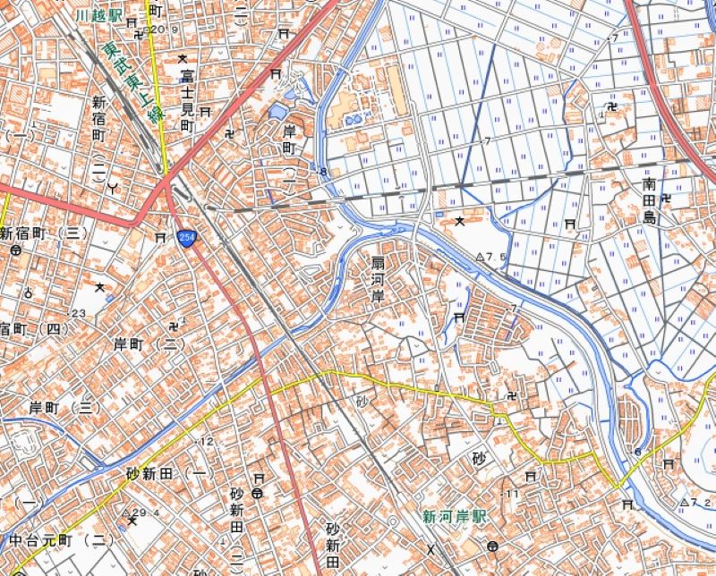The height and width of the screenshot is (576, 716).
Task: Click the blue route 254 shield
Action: click(x=187, y=238)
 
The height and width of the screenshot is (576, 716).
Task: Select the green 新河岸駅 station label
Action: click(x=455, y=517)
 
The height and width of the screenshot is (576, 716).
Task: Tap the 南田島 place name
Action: click(x=650, y=201)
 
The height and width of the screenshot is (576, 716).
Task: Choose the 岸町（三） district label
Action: click(x=63, y=407)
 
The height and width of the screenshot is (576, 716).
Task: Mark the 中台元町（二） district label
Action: click(x=61, y=540)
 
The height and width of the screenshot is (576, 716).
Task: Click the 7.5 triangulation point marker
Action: click(x=480, y=257)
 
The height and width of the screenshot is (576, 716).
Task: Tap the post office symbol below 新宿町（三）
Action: click(x=16, y=251)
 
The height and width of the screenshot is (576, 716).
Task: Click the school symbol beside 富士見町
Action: click(x=182, y=59)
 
